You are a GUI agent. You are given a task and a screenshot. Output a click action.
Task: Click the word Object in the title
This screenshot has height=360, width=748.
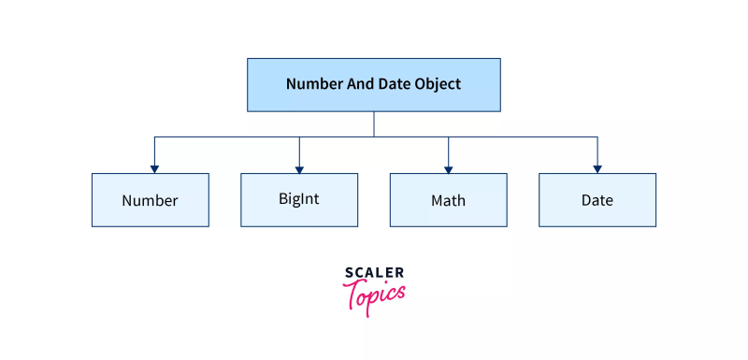click(438, 84)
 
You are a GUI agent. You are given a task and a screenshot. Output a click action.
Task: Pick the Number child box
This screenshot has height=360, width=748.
click(150, 200)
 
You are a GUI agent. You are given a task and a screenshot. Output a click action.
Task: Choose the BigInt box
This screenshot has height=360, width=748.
click(299, 200)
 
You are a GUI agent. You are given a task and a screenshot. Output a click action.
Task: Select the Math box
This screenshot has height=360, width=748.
click(448, 200)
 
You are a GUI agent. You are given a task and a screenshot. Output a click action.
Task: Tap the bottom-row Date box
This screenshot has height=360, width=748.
click(597, 200)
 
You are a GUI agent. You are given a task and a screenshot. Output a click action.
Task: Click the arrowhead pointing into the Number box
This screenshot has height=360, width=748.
click(154, 168)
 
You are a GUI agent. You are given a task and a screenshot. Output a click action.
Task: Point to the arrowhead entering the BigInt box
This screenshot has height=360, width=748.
click(299, 168)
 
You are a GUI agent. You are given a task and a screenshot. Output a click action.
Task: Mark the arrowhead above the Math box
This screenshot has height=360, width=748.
click(448, 168)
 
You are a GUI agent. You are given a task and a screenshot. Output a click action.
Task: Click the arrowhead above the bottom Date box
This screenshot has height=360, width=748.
click(597, 168)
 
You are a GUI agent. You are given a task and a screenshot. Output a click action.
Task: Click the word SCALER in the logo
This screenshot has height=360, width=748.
click(374, 273)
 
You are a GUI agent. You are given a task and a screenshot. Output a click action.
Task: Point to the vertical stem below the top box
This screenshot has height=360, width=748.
click(374, 124)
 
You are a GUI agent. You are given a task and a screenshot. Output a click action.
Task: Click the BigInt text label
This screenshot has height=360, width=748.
click(299, 198)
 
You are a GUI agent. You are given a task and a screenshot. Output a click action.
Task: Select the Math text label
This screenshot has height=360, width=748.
click(448, 200)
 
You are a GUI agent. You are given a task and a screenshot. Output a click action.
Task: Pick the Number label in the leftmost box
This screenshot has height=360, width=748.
click(150, 200)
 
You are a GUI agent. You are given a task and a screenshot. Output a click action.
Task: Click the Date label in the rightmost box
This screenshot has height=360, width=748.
click(597, 200)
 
